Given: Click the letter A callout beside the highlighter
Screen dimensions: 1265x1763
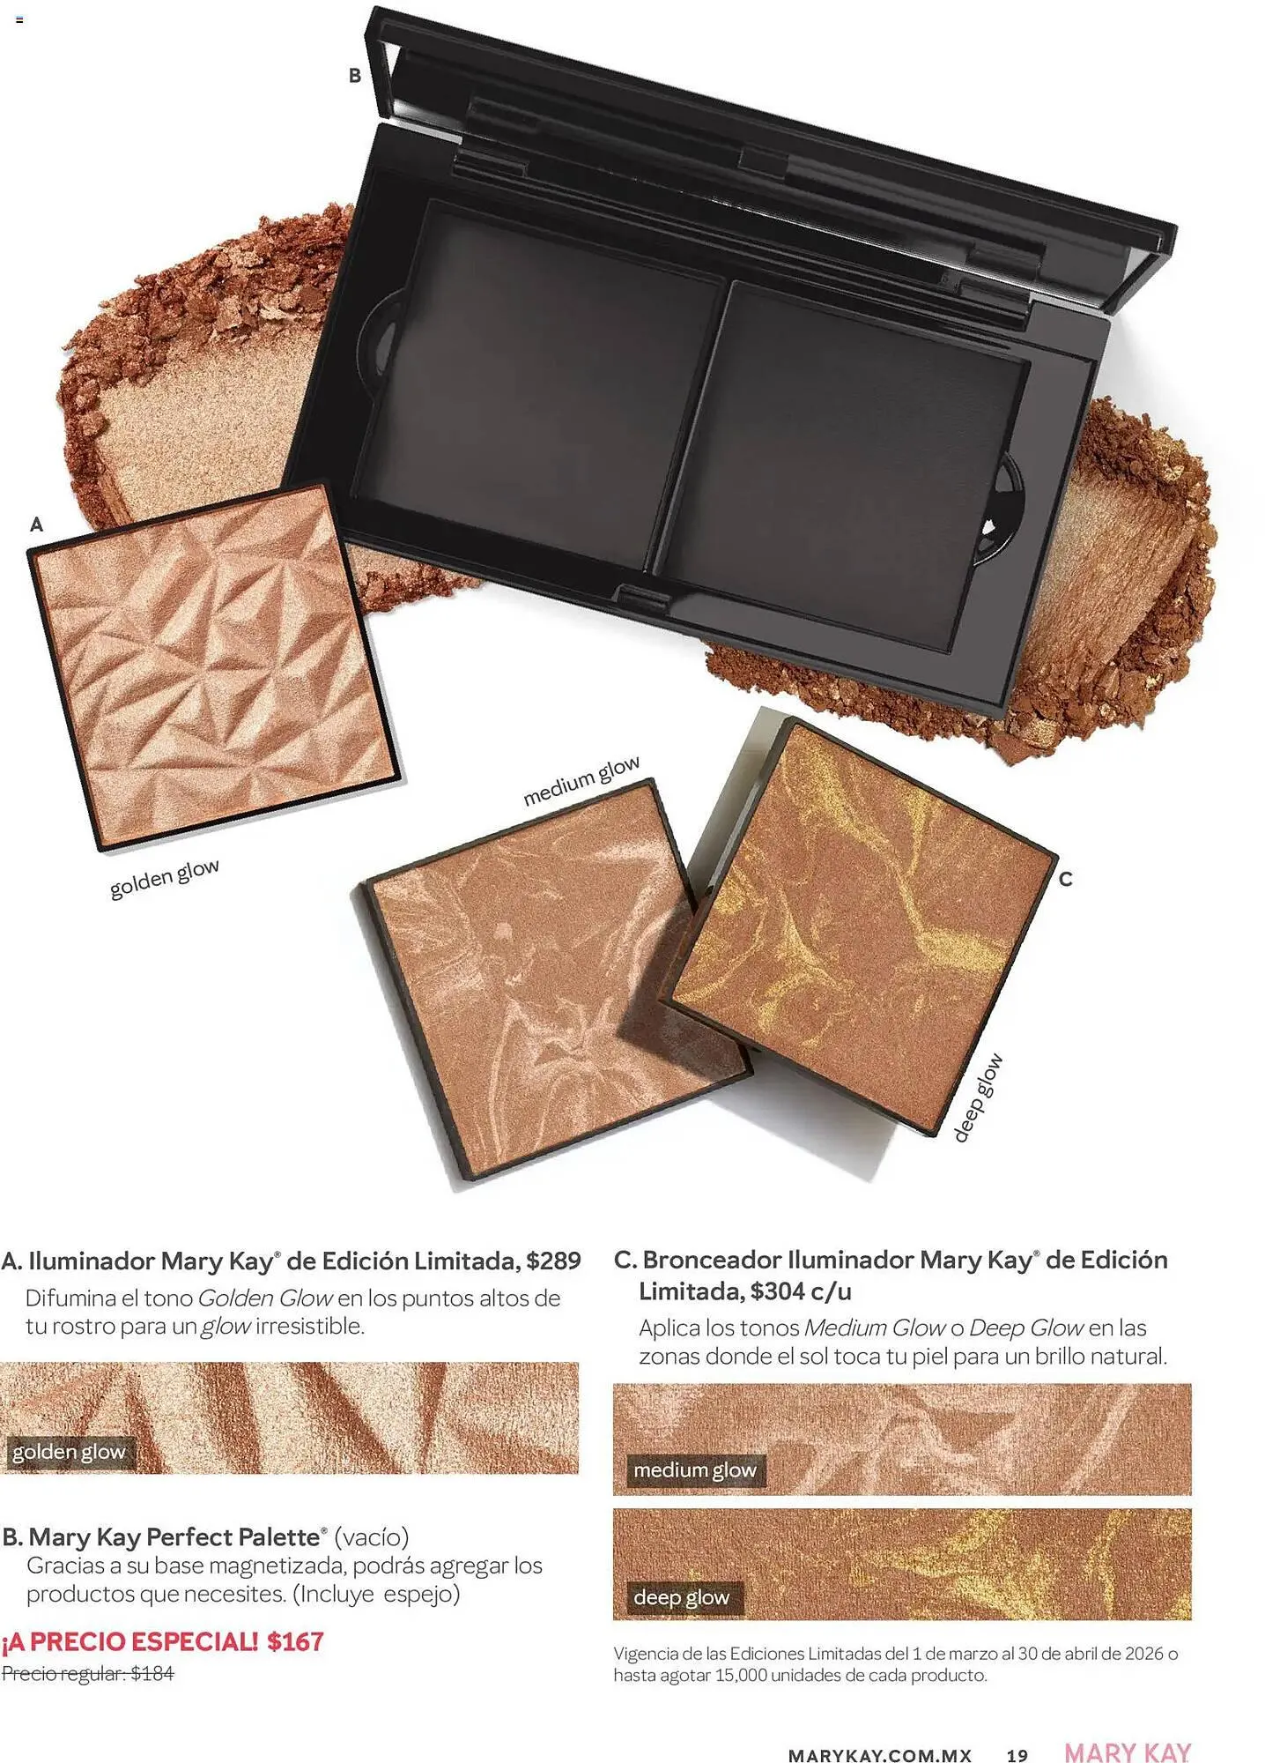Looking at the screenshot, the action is tap(36, 524).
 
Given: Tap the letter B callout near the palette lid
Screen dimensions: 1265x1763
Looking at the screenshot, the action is tap(355, 76).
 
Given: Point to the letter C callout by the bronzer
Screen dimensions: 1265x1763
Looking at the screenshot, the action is tap(1065, 879).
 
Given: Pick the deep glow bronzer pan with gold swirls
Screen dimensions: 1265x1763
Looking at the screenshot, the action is tap(863, 926).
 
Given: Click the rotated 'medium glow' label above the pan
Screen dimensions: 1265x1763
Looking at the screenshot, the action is tap(581, 781).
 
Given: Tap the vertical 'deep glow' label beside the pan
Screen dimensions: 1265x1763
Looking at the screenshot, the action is tap(978, 1098).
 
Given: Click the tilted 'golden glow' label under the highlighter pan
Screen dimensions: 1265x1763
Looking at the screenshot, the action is tap(165, 878).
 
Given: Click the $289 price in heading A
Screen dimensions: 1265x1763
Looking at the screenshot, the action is tap(553, 1261).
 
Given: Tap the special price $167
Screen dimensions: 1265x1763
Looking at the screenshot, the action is tap(296, 1641).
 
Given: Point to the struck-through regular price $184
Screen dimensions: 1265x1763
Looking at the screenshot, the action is tap(152, 1673).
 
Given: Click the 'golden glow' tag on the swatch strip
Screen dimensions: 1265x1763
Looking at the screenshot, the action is tap(69, 1452).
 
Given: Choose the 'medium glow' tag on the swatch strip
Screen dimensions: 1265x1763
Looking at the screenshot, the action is tap(695, 1470).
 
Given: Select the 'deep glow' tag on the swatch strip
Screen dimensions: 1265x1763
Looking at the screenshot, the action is tap(682, 1597).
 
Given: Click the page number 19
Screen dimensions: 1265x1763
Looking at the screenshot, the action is tap(1017, 1755).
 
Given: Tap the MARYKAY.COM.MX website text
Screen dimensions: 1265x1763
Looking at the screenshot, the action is tap(879, 1755).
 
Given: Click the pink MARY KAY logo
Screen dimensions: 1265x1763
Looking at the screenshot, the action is tap(1128, 1752).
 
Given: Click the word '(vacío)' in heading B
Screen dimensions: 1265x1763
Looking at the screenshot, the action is tap(372, 1537).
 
